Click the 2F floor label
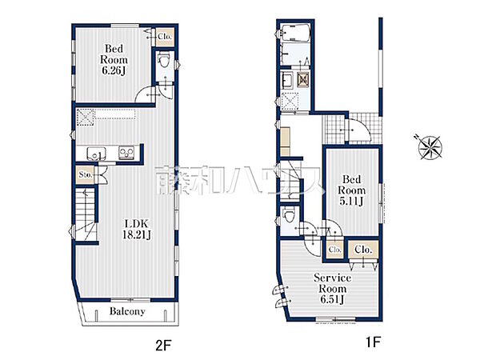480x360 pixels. click(163, 346)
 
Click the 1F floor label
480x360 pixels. click(373, 342)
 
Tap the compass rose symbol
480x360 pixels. click(430, 147)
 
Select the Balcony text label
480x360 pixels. click(127, 311)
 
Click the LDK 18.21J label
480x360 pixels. click(137, 229)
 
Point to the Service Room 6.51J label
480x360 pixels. click(333, 289)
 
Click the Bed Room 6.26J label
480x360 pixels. click(114, 60)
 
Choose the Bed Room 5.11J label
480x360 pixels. click(351, 190)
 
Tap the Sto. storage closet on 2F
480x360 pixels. click(85, 174)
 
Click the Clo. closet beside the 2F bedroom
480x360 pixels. click(165, 37)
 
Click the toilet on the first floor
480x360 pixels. click(288, 215)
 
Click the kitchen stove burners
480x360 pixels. click(126, 153)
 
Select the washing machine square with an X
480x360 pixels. click(302, 80)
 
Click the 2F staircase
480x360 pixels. click(86, 214)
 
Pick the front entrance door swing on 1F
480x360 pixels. click(358, 129)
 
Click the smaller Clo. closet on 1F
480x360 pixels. click(334, 250)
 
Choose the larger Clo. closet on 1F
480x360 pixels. click(363, 250)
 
